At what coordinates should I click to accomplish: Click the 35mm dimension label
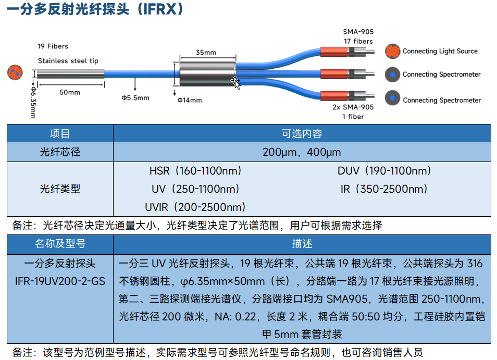pyautogui.click(x=206, y=52)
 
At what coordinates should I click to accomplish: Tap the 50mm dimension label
pyautogui.click(x=70, y=92)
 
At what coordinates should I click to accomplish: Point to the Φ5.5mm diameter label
pyautogui.click(x=135, y=98)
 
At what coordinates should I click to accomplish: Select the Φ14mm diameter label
pyautogui.click(x=190, y=100)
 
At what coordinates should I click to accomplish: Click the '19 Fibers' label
pyautogui.click(x=53, y=46)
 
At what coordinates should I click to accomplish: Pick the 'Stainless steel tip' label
pyautogui.click(x=68, y=60)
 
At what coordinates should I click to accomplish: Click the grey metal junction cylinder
pyautogui.click(x=208, y=74)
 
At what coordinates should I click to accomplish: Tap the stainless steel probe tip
pyautogui.click(x=71, y=74)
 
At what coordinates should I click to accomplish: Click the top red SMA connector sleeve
pyautogui.click(x=334, y=52)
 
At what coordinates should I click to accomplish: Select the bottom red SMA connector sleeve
pyautogui.click(x=334, y=95)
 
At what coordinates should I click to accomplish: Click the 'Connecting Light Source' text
pyautogui.click(x=440, y=51)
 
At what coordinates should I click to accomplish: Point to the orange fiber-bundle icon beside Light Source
pyautogui.click(x=392, y=51)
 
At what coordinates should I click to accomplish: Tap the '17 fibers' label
pyautogui.click(x=358, y=41)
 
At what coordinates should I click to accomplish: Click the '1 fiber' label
pyautogui.click(x=353, y=117)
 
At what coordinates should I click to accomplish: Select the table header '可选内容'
pyautogui.click(x=302, y=134)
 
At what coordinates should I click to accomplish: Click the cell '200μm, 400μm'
pyautogui.click(x=302, y=152)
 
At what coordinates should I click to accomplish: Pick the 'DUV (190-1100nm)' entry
pyautogui.click(x=384, y=171)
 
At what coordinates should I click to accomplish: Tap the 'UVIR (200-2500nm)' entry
pyautogui.click(x=195, y=207)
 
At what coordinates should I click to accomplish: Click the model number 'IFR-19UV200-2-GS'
pyautogui.click(x=60, y=281)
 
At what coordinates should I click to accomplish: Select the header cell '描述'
pyautogui.click(x=302, y=244)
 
